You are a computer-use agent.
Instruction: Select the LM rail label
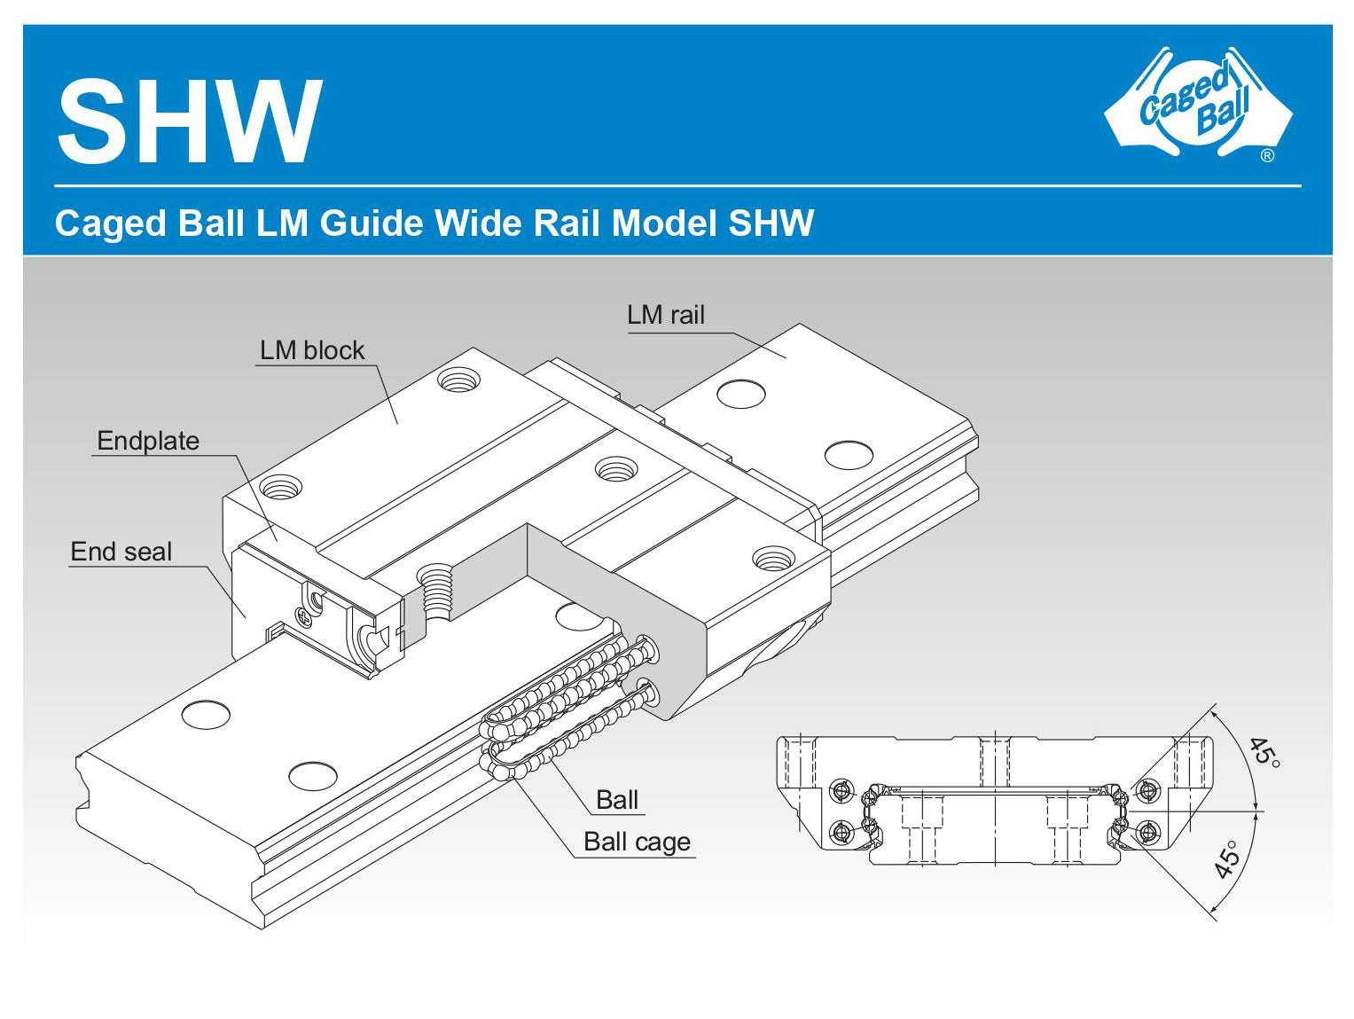pyautogui.click(x=665, y=315)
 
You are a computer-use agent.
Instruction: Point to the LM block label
pyautogui.click(x=311, y=350)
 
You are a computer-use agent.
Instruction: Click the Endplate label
pyautogui.click(x=148, y=441)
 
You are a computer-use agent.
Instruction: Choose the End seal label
pyautogui.click(x=121, y=552)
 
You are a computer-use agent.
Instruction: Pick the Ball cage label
pyautogui.click(x=637, y=842)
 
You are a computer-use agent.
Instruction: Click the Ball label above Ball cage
pyautogui.click(x=617, y=800)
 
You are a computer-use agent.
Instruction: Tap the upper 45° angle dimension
pyautogui.click(x=1264, y=751)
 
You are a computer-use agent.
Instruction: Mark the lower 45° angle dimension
pyautogui.click(x=1227, y=859)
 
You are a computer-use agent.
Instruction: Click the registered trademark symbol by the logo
pyautogui.click(x=1267, y=156)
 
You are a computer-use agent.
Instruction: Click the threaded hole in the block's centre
pyautogui.click(x=615, y=468)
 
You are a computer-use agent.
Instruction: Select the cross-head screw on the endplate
pyautogui.click(x=306, y=617)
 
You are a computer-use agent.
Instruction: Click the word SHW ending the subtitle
pyautogui.click(x=771, y=223)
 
